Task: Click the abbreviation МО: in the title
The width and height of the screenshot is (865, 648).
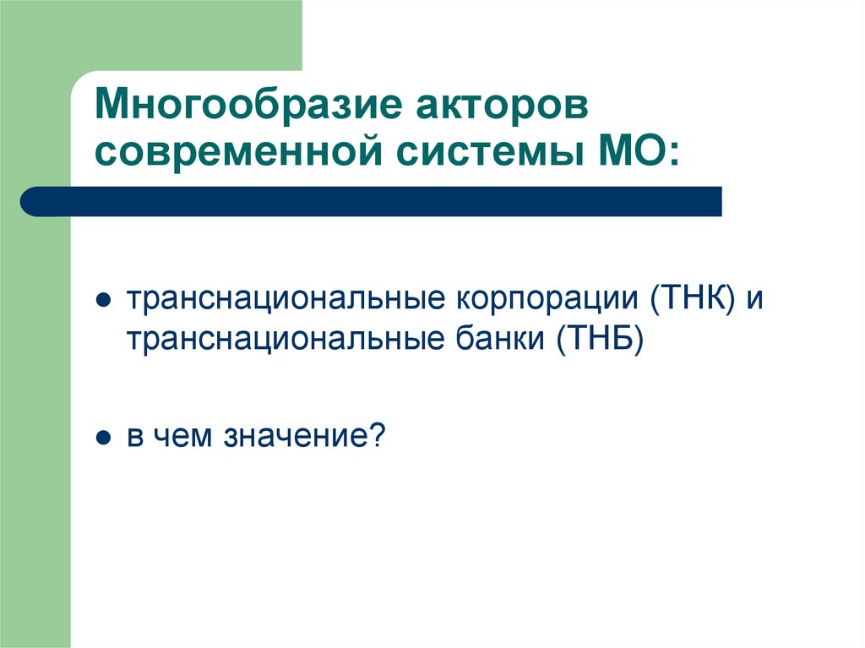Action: pyautogui.click(x=623, y=155)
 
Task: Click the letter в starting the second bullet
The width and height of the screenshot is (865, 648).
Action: pyautogui.click(x=135, y=438)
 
